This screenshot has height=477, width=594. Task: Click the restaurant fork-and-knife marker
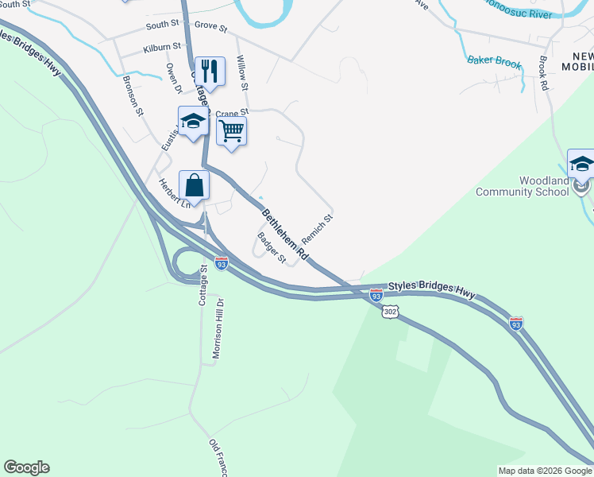point(210,72)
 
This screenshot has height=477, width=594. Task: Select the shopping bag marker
point(194,186)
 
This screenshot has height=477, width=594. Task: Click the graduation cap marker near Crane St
point(192,122)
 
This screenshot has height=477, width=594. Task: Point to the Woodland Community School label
point(523,186)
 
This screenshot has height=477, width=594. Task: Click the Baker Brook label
point(495,61)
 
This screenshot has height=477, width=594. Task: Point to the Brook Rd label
point(544,72)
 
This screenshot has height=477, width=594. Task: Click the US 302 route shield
point(389,312)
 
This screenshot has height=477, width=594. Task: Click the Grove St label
point(210,28)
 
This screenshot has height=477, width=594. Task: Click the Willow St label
point(243,76)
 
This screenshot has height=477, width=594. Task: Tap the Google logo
point(26,467)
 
